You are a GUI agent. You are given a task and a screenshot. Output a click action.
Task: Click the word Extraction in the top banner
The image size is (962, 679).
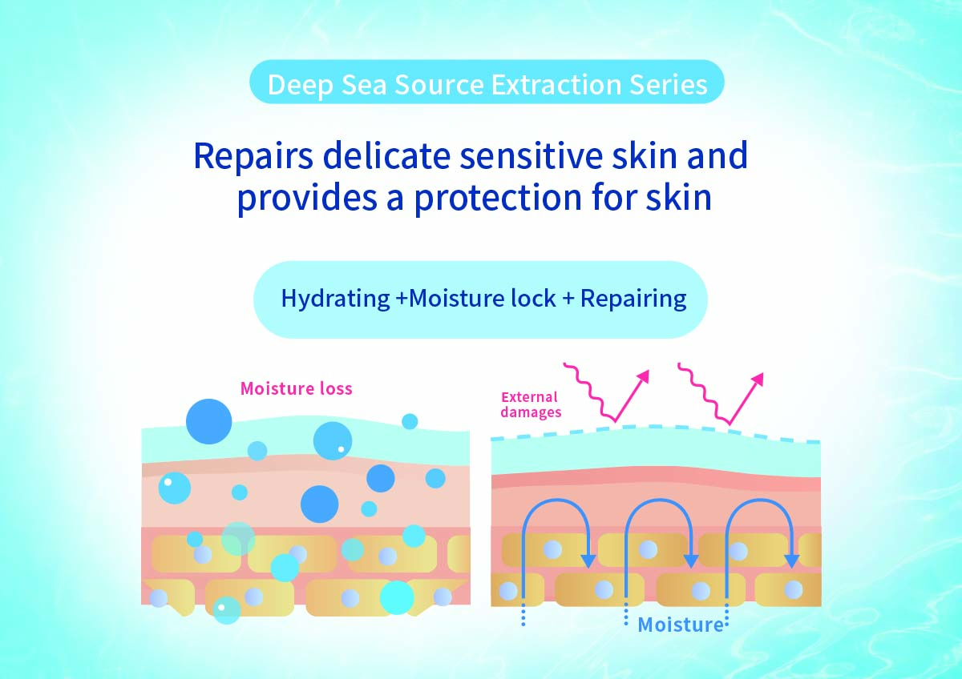click(557, 85)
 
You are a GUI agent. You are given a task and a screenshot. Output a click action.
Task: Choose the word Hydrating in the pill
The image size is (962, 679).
click(335, 299)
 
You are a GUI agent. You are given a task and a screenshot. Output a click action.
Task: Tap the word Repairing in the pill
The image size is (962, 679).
click(633, 299)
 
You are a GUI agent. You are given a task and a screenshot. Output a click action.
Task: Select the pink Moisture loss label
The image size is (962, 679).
click(297, 388)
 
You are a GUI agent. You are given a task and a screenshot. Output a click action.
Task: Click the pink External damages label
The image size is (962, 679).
click(531, 404)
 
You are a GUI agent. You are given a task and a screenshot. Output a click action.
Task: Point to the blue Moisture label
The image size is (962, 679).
click(681, 625)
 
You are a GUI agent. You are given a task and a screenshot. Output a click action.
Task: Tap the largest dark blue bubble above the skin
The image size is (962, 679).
click(208, 421)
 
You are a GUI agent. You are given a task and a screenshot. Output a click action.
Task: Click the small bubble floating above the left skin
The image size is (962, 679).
click(410, 421)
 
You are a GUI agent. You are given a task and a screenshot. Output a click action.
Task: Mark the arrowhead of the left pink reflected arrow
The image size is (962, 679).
click(643, 377)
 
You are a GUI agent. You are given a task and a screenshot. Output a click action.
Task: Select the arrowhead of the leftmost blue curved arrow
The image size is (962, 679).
click(589, 560)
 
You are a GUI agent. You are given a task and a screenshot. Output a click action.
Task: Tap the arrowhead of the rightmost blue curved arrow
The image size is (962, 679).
click(791, 561)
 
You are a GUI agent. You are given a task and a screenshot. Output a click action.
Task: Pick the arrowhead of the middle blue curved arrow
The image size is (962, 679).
click(690, 561)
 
